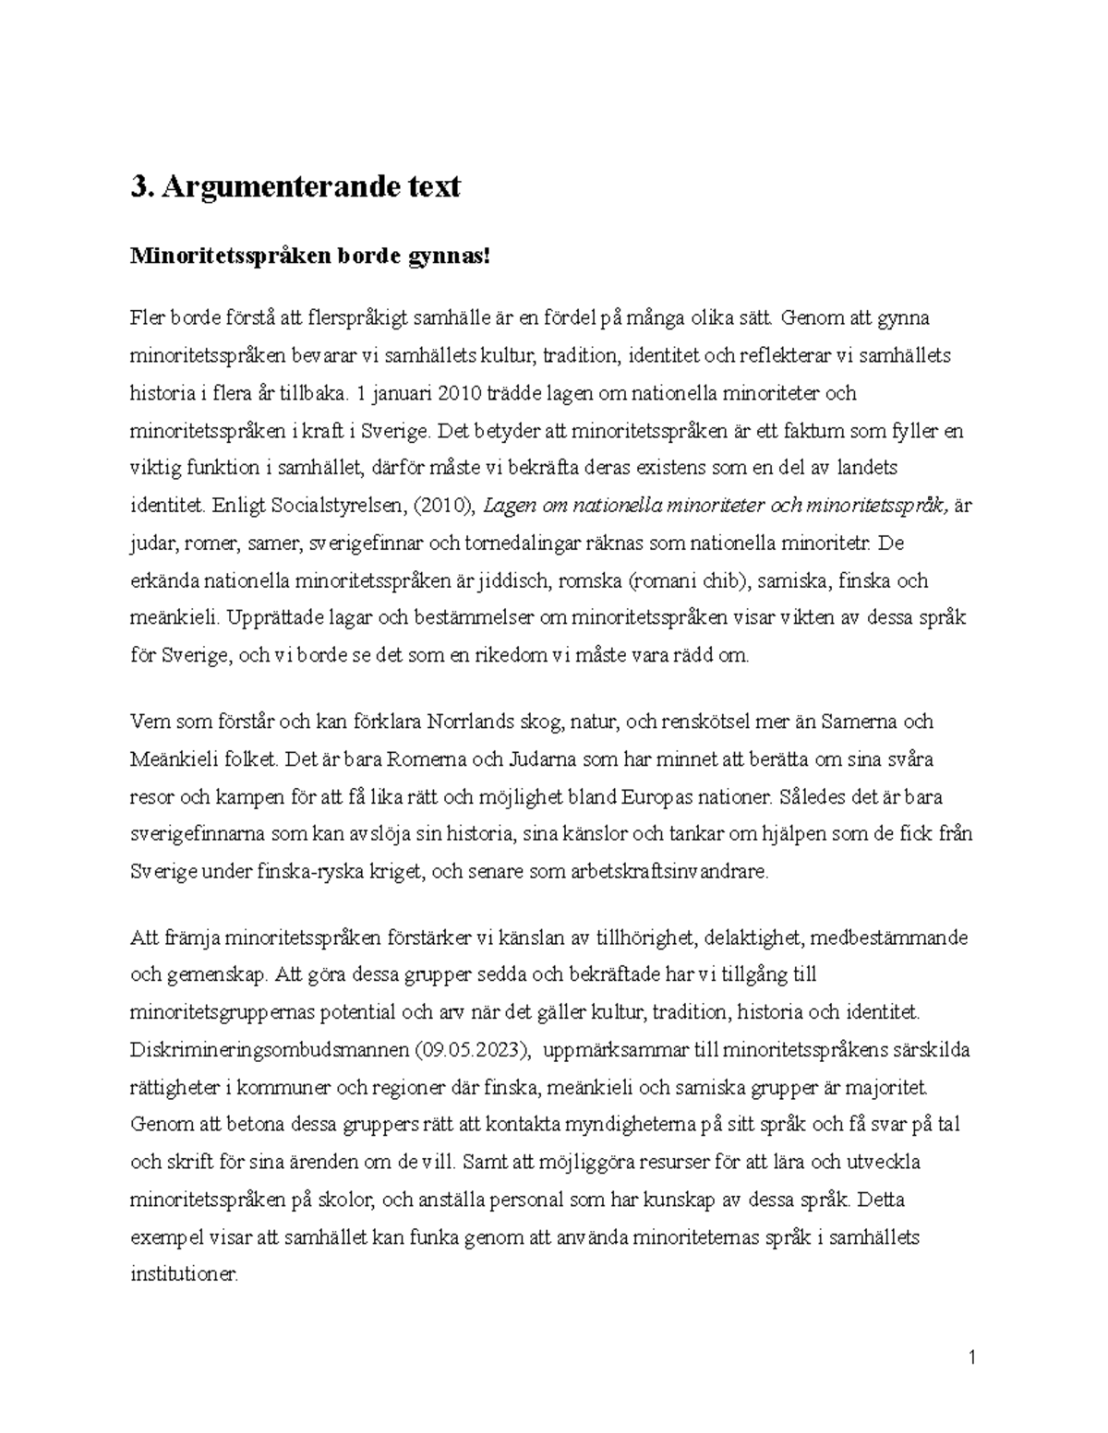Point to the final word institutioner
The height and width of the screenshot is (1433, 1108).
185,1275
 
